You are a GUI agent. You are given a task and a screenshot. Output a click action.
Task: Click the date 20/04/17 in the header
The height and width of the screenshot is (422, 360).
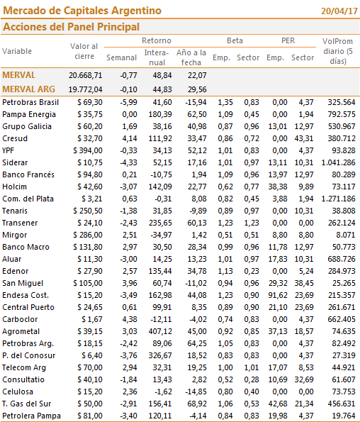pos(339,11)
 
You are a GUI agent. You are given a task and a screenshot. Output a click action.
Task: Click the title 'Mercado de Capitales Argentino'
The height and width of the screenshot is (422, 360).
pos(82,11)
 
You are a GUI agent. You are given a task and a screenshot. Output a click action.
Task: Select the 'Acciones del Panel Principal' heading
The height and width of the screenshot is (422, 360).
pos(71,27)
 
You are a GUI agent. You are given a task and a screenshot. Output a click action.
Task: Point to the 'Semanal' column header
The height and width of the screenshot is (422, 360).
pos(121,57)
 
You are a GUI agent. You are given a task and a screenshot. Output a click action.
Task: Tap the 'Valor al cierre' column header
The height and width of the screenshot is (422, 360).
pos(84,51)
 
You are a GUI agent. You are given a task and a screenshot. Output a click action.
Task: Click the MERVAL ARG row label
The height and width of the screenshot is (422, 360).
pos(28,89)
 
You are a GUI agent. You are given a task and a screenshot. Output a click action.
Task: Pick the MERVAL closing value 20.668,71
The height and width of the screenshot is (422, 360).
pos(86,75)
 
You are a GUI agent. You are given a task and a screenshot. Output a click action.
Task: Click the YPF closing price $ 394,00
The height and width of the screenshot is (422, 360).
pos(88,150)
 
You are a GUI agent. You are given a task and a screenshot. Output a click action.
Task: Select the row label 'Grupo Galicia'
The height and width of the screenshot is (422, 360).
pos(27,126)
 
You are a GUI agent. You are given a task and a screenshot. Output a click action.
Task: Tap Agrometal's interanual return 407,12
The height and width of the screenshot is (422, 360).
pos(160,331)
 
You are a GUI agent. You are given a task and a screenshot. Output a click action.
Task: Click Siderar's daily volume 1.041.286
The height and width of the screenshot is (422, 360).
pos(338,162)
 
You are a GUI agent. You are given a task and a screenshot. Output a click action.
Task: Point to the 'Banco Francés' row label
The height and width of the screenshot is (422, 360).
pos(28,174)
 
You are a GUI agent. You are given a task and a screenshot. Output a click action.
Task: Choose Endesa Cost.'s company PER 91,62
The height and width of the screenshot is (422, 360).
pos(278,295)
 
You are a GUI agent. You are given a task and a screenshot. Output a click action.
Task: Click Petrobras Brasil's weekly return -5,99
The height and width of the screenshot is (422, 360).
pos(128,102)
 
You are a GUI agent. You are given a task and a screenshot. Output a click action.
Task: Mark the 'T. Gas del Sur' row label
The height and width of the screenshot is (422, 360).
pos(27,404)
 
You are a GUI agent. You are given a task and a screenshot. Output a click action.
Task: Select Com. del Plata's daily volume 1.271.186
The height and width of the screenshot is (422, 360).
pos(338,199)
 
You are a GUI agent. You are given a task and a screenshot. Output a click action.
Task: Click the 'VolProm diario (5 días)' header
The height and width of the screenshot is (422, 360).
pos(338,51)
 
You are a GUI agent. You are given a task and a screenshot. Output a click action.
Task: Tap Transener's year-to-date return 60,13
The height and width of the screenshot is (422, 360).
pos(197,223)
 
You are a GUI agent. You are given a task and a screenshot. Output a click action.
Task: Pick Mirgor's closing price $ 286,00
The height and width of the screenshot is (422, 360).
pos(88,235)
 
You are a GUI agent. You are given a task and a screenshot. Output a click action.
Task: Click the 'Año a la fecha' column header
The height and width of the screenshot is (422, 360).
pos(191,57)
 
